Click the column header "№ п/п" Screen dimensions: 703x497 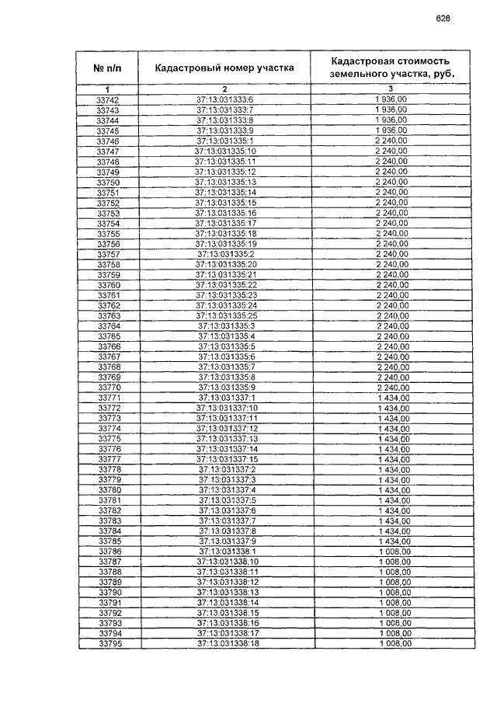click(x=107, y=68)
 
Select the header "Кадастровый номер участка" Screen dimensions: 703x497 click(x=224, y=68)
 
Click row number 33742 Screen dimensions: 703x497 click(x=107, y=100)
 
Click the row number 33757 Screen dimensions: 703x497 click(x=107, y=254)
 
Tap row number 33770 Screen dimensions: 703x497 click(x=107, y=388)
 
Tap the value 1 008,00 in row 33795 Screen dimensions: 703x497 click(x=394, y=643)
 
